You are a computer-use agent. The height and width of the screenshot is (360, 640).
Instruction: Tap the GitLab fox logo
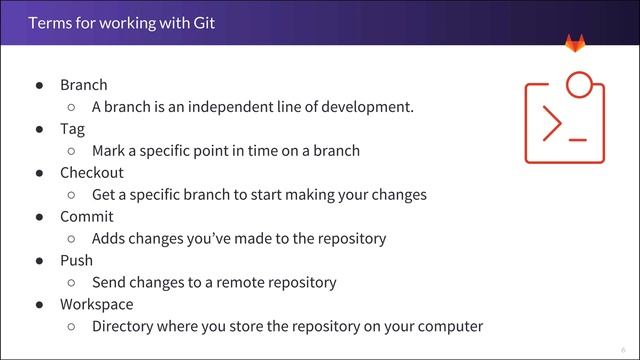pos(576,43)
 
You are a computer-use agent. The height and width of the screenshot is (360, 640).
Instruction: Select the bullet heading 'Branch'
pos(83,85)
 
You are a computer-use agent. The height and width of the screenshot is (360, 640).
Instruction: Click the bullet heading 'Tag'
pos(72,129)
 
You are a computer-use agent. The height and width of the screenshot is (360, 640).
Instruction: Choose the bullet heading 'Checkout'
pos(92,172)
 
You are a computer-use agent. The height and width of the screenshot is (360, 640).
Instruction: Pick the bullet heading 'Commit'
pos(87,216)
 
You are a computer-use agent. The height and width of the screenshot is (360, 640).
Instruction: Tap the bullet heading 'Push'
pos(76,260)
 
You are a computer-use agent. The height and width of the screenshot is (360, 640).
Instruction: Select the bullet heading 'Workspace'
pos(96,304)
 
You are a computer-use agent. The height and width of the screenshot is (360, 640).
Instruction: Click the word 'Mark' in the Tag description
pos(109,151)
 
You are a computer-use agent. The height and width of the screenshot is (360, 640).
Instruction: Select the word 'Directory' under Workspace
pos(125,326)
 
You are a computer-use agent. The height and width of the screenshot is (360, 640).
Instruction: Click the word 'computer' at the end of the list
pos(450,326)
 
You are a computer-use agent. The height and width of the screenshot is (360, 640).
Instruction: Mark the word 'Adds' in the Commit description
pos(109,238)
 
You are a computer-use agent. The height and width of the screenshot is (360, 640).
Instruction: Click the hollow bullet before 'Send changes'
pos(71,283)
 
